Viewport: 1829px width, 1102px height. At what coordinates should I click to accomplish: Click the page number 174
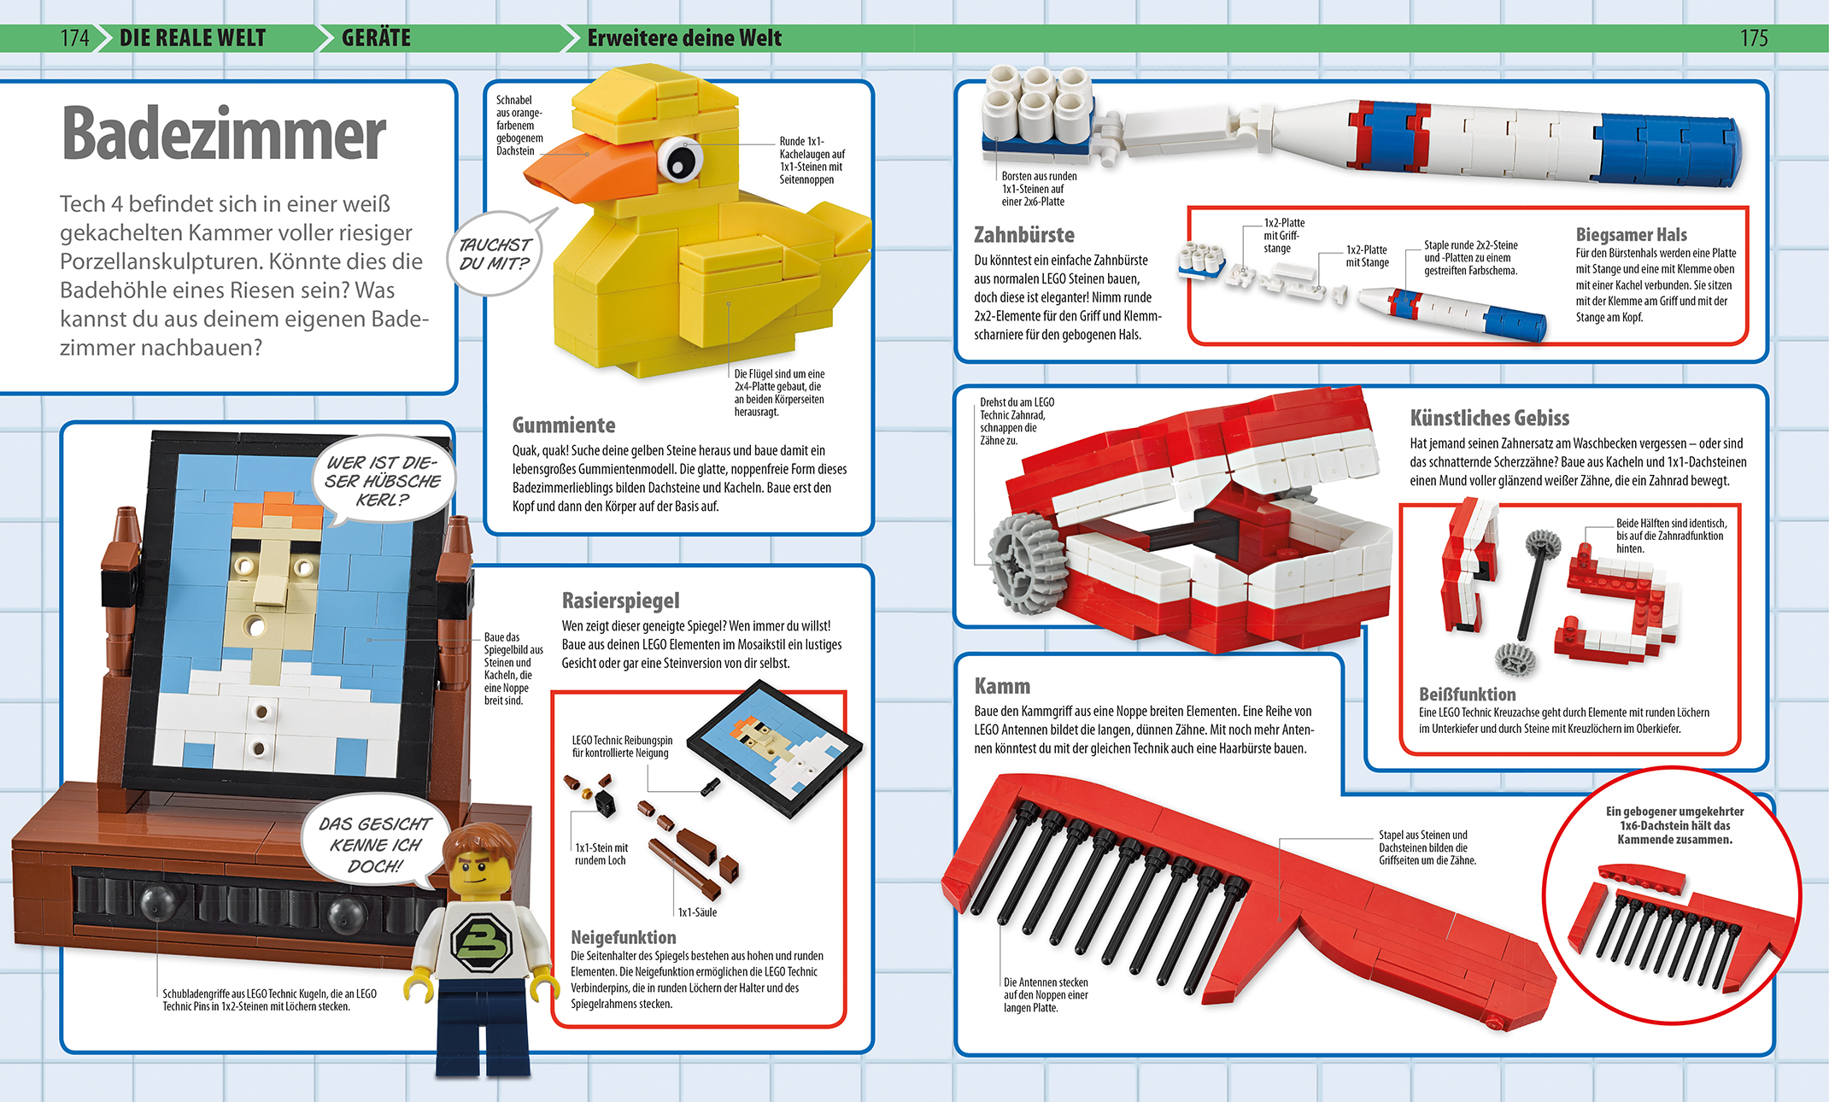(x=74, y=38)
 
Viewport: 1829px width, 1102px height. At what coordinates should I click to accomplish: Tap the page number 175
(x=1754, y=38)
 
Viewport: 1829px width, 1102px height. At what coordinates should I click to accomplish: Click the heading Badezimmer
(x=224, y=134)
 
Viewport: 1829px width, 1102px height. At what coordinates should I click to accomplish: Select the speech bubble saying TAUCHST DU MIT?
(x=495, y=253)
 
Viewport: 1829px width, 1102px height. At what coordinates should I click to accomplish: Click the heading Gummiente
(x=564, y=425)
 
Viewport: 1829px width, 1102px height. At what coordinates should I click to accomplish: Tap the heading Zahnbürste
(x=1024, y=234)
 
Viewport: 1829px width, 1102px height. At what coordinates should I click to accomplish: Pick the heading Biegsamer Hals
(x=1631, y=234)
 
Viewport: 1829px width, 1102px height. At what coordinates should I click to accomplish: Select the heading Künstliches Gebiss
(x=1489, y=418)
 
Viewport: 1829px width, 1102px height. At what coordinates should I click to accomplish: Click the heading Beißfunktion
(x=1467, y=694)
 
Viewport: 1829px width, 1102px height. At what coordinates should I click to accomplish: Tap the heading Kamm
(x=1002, y=686)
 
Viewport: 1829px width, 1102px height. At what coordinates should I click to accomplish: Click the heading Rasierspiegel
(x=620, y=601)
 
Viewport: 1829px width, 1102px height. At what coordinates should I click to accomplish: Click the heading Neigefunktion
(x=623, y=937)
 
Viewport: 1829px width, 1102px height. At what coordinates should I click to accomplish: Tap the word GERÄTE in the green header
(x=376, y=38)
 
